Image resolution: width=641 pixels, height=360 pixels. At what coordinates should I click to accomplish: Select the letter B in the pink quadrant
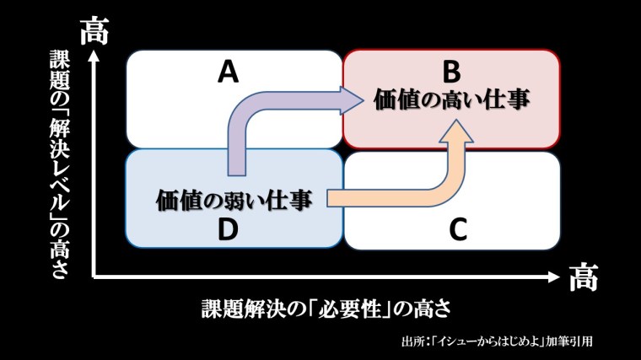click(x=450, y=71)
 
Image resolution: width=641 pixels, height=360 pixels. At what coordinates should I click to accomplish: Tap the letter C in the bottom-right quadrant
click(x=457, y=229)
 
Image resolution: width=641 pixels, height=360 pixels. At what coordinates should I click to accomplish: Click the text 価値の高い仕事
click(x=452, y=99)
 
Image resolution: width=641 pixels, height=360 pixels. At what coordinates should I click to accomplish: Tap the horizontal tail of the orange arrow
click(x=371, y=199)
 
